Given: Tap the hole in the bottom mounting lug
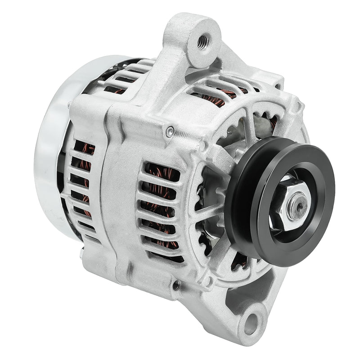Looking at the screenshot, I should pos(253,321).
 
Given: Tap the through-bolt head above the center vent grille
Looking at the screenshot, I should pos(169,131).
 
